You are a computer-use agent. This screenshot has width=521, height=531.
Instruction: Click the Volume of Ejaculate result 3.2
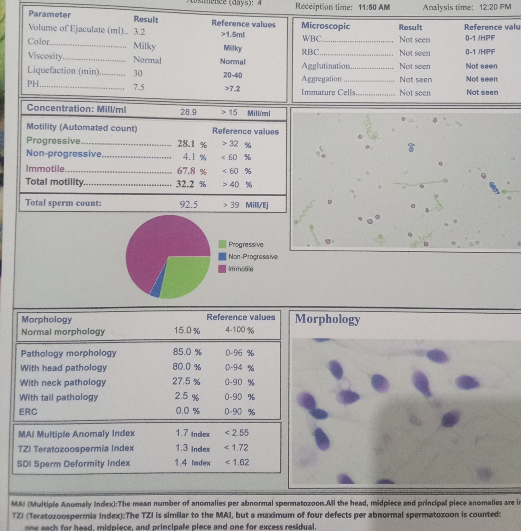pyautogui.click(x=139, y=32)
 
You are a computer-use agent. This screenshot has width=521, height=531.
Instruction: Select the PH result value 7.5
pyautogui.click(x=139, y=87)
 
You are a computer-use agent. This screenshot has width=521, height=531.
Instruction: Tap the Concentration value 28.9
pyautogui.click(x=188, y=112)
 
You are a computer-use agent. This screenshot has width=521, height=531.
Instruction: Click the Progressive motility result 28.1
pyautogui.click(x=186, y=143)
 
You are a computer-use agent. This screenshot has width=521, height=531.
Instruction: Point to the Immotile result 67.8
pyautogui.click(x=186, y=171)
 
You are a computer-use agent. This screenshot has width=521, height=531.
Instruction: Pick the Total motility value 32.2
pyautogui.click(x=185, y=184)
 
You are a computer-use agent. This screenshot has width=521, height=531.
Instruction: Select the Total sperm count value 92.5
pyautogui.click(x=189, y=204)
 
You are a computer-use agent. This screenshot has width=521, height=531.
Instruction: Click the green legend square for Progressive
pyautogui.click(x=222, y=244)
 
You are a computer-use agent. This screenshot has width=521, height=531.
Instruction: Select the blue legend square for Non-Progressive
pyautogui.click(x=222, y=257)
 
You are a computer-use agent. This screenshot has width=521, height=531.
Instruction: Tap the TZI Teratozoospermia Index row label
pyautogui.click(x=76, y=449)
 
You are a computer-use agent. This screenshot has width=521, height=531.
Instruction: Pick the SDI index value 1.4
pyautogui.click(x=180, y=462)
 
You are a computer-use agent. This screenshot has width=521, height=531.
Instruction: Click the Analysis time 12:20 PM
pyautogui.click(x=495, y=7)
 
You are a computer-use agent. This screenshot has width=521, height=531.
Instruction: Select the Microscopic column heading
pyautogui.click(x=326, y=26)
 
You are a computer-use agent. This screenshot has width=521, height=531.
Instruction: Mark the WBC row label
pyautogui.click(x=311, y=39)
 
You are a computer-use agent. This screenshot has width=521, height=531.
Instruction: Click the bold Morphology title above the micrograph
pyautogui.click(x=327, y=319)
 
